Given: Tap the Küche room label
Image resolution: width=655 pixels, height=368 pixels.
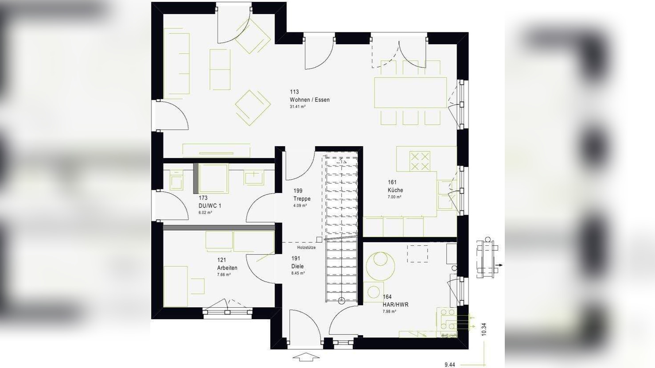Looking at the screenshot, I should click(x=395, y=190).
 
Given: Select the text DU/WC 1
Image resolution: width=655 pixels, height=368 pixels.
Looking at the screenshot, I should click(x=210, y=205).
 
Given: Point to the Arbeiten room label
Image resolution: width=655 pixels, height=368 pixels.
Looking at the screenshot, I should click(x=227, y=268).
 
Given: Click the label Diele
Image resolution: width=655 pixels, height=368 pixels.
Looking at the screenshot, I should click(x=297, y=266).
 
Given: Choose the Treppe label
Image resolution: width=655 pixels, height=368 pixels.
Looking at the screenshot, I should click(x=302, y=199).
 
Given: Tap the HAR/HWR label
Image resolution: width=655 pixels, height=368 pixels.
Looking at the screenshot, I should click(x=395, y=305).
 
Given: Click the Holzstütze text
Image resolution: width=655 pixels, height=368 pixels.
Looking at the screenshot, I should click(x=306, y=248).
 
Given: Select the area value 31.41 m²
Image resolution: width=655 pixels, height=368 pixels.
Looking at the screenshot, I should click(x=298, y=107).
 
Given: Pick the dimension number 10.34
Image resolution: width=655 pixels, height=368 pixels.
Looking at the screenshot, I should click(x=484, y=329).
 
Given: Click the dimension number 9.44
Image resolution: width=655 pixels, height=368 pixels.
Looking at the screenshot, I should click(x=449, y=364).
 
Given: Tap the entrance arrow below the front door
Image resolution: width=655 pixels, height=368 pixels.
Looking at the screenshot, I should click(x=306, y=356).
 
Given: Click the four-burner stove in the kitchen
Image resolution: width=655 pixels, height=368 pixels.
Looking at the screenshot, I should click(x=419, y=161).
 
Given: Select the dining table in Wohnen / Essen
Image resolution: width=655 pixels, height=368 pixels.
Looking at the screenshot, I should click(x=410, y=93).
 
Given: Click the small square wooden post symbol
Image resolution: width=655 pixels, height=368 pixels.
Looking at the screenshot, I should click(x=319, y=240).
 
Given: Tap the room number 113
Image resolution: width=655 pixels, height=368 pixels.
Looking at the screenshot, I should click(x=294, y=92).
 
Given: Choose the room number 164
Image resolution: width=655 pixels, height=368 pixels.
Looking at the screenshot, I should click(x=387, y=297).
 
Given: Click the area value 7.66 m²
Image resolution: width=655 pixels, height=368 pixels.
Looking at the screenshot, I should click(x=223, y=275).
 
